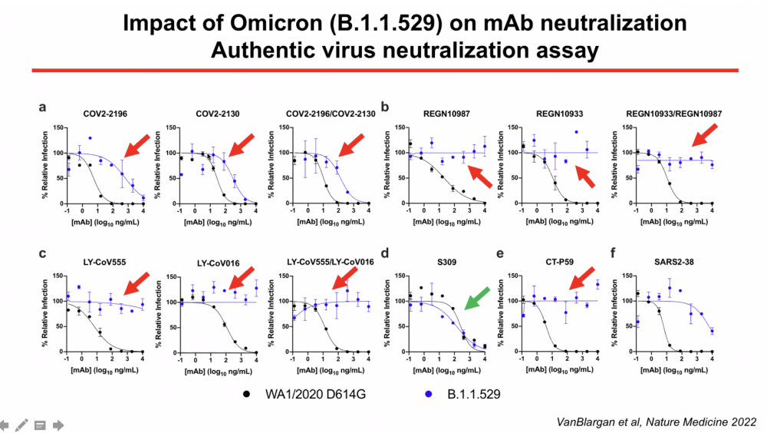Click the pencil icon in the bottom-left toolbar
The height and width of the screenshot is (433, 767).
coord(21,424)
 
